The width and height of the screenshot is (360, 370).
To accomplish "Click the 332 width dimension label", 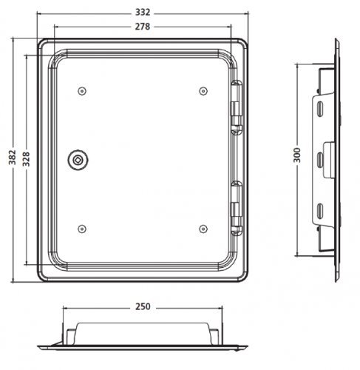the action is [143, 13].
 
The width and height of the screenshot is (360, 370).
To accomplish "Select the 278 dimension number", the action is [143, 27].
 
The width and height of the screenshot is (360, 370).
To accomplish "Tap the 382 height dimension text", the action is [13, 157].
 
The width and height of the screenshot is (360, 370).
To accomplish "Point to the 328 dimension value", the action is [26, 159].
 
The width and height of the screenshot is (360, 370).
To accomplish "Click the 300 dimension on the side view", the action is [298, 155].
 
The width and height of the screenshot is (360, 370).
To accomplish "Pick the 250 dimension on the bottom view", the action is [143, 306].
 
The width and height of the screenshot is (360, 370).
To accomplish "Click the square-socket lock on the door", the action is [78, 160].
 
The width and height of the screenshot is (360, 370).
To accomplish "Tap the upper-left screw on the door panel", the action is [82, 91].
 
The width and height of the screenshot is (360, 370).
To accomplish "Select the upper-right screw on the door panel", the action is [203, 91].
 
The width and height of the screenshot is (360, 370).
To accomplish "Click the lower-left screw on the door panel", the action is [82, 229].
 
